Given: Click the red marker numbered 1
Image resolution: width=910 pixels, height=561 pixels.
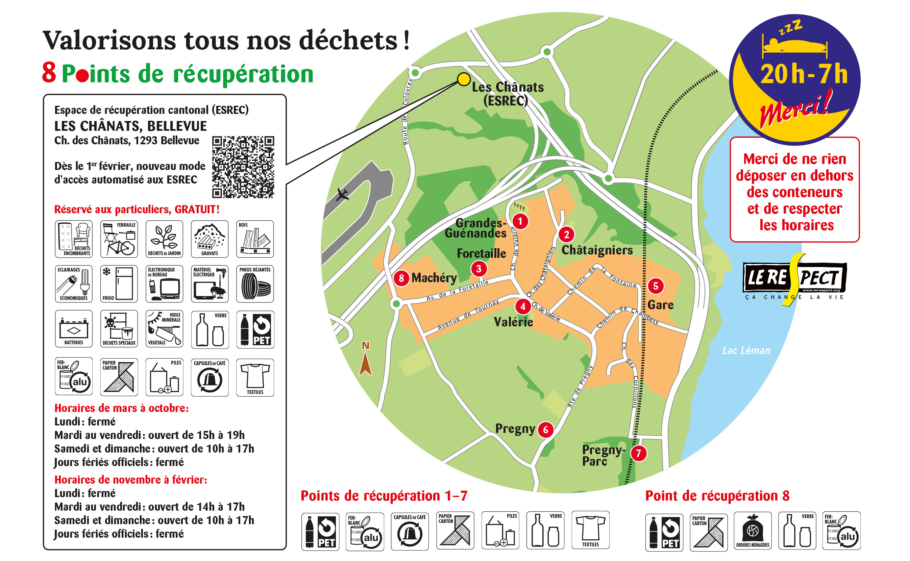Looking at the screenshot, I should point(520,221).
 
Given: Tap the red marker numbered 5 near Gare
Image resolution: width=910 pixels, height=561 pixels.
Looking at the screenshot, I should point(656,286).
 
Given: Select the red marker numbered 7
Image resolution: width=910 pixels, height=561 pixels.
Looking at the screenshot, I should point(638,453).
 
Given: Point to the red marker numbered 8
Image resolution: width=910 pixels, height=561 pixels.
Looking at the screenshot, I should point(401,278).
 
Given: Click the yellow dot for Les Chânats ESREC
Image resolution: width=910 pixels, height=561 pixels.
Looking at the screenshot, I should point(463,79).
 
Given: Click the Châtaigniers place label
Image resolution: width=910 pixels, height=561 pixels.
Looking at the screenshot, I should point(597,250).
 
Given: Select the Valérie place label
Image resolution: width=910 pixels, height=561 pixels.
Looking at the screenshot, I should point(513,322).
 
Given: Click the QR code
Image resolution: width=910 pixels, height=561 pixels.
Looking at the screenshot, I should point(243,167).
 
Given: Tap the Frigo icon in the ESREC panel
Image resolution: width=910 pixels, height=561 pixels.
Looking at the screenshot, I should point(119,284).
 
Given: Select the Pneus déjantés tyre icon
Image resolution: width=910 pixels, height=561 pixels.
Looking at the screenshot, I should point(255,284).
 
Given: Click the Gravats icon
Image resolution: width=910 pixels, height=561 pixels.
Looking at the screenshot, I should point(210,239).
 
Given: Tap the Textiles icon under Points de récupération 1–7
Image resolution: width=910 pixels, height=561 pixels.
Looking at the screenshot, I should point(590,530).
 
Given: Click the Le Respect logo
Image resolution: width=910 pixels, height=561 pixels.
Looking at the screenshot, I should point(795,279).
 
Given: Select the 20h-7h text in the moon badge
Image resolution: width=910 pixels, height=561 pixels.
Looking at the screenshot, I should point(804,74).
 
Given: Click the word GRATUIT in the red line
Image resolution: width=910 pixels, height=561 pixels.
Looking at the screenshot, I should point(197,210).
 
